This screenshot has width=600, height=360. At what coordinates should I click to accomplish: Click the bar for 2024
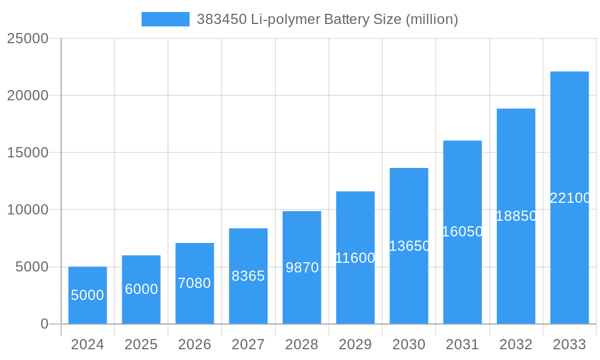point(88,295)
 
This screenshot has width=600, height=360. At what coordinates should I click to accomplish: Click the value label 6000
point(141,289)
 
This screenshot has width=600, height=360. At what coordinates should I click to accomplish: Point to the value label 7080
point(194,283)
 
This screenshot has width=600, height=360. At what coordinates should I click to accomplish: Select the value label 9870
point(302,268)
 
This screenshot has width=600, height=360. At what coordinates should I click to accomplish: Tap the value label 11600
point(355,258)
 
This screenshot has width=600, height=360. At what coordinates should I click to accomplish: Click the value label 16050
point(462,232)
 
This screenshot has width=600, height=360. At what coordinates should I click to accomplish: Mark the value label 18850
point(516,216)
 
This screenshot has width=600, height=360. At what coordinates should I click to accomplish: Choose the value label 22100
point(570,198)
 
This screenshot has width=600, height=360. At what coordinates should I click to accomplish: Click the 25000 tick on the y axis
point(27,38)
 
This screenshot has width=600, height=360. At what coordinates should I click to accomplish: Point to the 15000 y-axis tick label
point(27,152)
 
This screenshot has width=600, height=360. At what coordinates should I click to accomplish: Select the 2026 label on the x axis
point(194,344)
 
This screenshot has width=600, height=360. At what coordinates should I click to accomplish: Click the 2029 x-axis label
point(355,344)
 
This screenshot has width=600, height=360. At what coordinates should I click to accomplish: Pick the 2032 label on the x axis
point(516,344)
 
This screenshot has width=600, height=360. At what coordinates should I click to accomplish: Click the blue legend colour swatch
point(165,19)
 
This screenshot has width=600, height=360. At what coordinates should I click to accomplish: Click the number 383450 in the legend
point(221,19)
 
